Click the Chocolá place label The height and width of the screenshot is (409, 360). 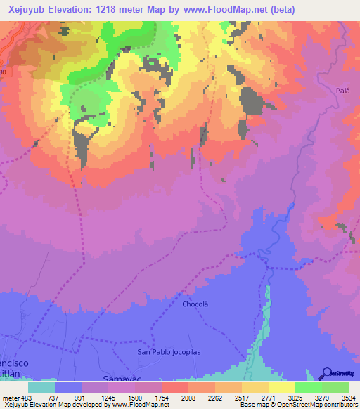(x=197, y=305)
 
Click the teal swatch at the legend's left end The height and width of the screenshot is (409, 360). (x=41, y=387)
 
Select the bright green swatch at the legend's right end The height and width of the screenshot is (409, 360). (x=335, y=387)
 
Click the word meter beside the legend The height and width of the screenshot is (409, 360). (x=11, y=397)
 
